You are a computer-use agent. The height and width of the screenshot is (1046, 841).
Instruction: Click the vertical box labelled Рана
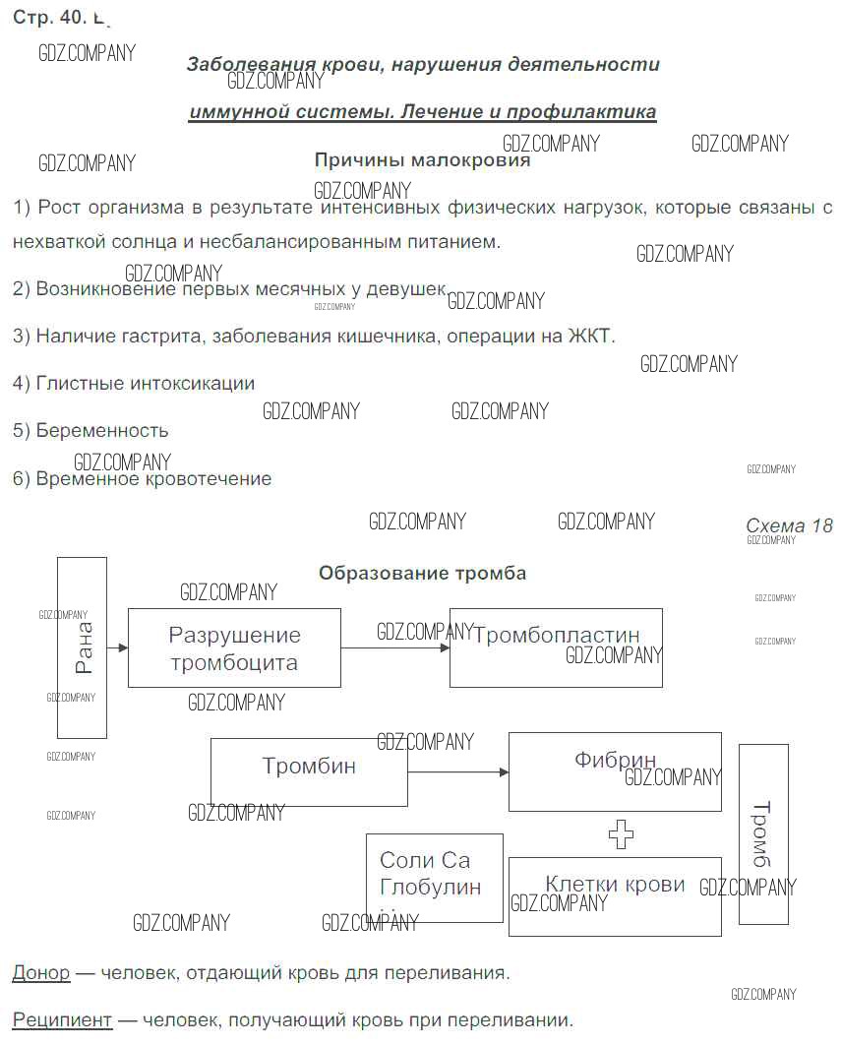(x=82, y=647)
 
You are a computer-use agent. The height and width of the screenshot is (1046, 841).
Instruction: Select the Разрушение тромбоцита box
(x=234, y=647)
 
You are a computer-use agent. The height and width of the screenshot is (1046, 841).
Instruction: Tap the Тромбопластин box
(x=556, y=647)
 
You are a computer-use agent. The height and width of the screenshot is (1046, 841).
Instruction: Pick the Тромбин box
(x=309, y=771)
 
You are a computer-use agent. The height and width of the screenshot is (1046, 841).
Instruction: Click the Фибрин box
(x=615, y=771)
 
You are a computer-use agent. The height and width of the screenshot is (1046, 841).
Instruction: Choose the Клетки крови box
(x=615, y=895)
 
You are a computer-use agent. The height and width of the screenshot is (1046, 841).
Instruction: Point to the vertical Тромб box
(x=763, y=834)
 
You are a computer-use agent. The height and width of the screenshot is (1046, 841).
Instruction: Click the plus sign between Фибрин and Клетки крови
(x=621, y=834)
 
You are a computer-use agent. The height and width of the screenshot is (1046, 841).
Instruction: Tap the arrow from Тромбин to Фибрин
(x=457, y=772)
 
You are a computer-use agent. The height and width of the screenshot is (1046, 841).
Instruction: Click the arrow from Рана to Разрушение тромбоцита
(x=117, y=647)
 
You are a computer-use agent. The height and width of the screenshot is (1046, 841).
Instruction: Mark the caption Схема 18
(x=789, y=525)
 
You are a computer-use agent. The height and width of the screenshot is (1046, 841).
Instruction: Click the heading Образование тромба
(x=422, y=573)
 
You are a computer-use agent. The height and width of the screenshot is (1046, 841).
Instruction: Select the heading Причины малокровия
(x=422, y=159)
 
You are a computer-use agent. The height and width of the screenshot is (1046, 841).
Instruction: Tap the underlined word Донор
(x=40, y=972)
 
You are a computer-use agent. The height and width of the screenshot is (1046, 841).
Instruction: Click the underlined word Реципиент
(x=62, y=1019)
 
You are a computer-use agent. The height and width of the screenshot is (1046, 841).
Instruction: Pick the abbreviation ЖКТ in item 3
(x=590, y=336)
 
